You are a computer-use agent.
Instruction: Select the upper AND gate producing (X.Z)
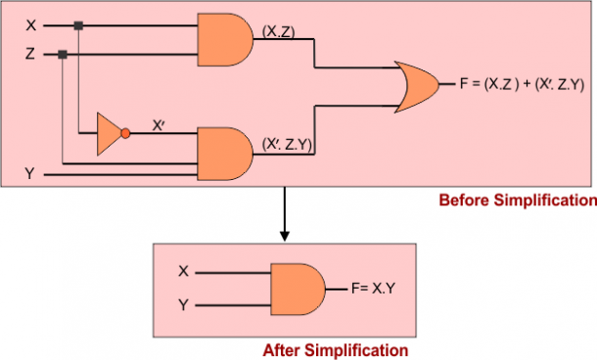point(226,39)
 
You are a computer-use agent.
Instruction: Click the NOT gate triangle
point(109,133)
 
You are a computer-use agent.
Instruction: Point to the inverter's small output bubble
point(125,133)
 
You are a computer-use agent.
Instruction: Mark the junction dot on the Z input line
point(63,55)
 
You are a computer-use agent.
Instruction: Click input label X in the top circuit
point(31,22)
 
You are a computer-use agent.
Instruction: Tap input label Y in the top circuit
point(30,174)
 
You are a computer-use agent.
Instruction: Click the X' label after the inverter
point(160,124)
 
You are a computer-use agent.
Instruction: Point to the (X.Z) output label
point(282,31)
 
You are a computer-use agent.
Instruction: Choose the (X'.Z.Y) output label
point(288,143)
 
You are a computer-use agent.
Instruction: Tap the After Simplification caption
point(335,349)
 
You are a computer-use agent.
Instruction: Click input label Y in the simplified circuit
point(183,305)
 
